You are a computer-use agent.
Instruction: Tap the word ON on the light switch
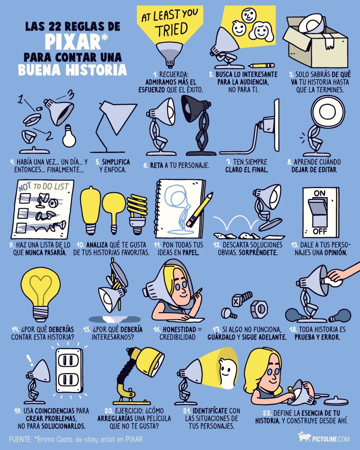point(319,193)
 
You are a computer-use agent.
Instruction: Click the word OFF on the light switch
point(319,231)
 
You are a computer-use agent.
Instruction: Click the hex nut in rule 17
point(260,309)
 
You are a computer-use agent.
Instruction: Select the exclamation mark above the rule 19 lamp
point(30,360)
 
